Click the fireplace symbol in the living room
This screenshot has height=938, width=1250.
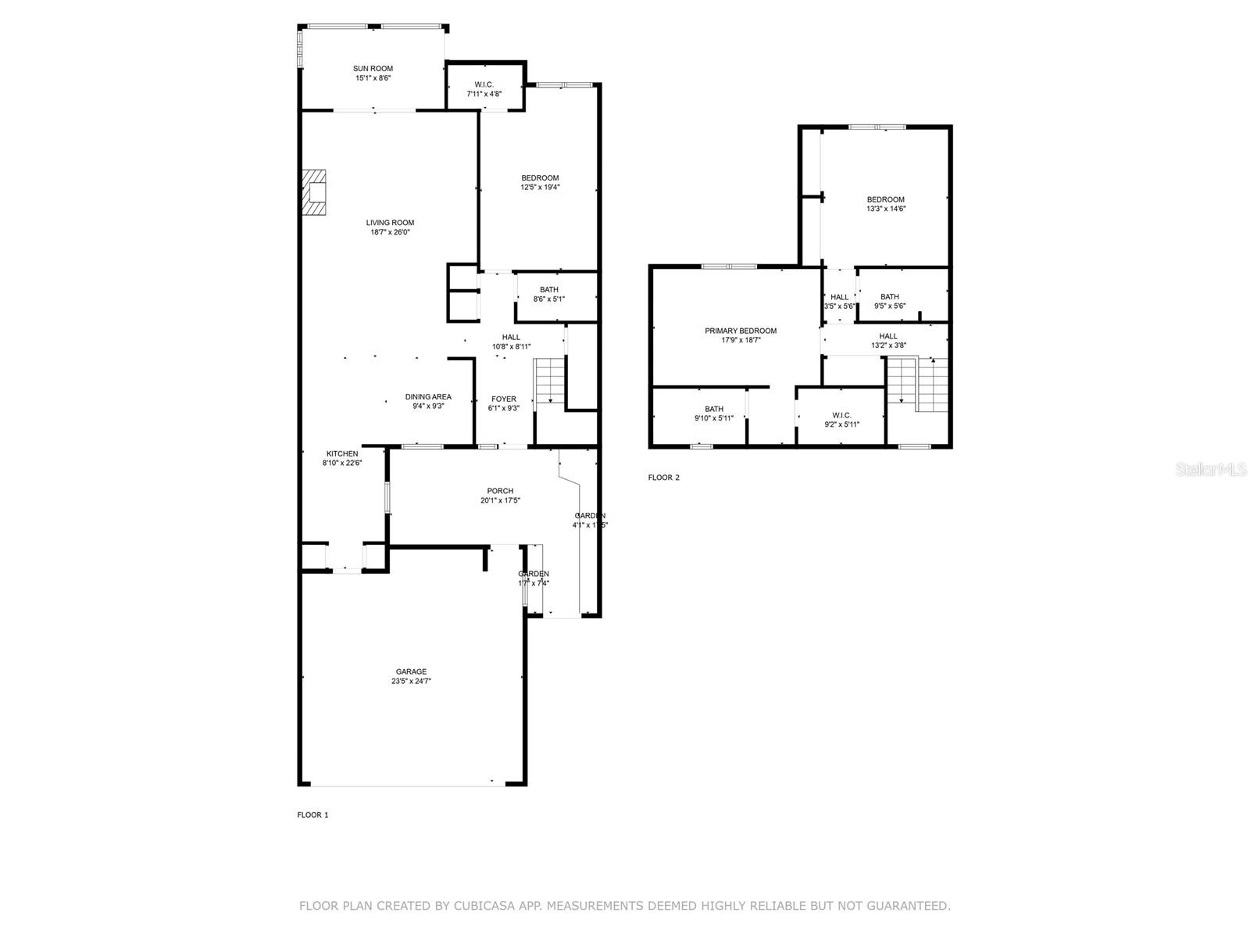click(315, 192)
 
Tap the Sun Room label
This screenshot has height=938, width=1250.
click(373, 69)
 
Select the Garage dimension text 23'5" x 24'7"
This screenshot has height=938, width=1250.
click(411, 681)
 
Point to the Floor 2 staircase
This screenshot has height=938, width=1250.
click(918, 384)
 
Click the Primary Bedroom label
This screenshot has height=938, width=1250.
click(740, 331)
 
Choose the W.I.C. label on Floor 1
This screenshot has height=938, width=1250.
click(484, 84)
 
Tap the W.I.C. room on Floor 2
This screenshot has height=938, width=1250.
click(841, 420)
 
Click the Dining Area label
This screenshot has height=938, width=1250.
click(427, 396)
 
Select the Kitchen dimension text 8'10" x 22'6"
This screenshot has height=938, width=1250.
click(342, 463)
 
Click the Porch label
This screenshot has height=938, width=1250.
click(500, 491)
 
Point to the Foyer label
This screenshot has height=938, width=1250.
click(503, 399)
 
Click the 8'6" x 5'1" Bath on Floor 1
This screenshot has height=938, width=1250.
click(548, 294)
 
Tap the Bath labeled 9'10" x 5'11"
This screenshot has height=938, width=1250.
click(713, 414)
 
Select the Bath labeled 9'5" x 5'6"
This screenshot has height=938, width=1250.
click(889, 301)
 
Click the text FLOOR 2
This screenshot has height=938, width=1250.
click(663, 478)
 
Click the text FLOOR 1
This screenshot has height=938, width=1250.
click(312, 814)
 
